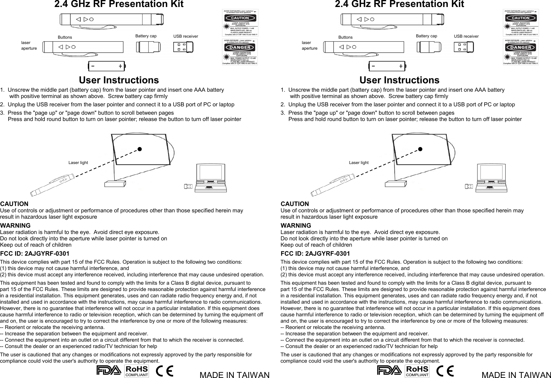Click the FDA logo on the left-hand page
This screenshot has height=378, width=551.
click(x=109, y=370)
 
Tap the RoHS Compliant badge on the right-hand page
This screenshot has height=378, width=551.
click(x=417, y=371)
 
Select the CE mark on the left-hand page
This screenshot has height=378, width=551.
click(x=165, y=371)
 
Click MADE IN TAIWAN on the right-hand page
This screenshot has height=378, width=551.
click(x=516, y=375)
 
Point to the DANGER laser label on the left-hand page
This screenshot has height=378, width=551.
click(x=240, y=52)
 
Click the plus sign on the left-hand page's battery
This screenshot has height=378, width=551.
click(x=120, y=66)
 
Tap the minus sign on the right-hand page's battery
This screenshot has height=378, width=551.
click(x=373, y=66)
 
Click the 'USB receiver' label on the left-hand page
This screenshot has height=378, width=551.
click(x=186, y=36)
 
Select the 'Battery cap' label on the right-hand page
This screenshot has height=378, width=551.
click(x=426, y=36)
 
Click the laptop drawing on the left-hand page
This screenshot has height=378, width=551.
click(x=211, y=178)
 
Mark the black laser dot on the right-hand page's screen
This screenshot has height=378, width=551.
click(x=420, y=149)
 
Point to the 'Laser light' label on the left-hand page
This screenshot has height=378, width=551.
click(x=78, y=163)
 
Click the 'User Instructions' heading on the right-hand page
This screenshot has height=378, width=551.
click(x=399, y=80)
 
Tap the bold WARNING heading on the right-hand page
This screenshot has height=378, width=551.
click(x=296, y=226)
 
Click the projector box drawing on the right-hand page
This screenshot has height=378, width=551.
click(x=396, y=184)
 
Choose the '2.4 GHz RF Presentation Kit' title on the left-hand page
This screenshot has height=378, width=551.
click(x=119, y=4)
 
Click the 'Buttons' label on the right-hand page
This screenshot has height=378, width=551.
click(x=345, y=37)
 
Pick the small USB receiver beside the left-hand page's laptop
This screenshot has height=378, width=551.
click(x=188, y=186)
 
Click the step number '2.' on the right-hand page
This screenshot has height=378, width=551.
click(x=283, y=105)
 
